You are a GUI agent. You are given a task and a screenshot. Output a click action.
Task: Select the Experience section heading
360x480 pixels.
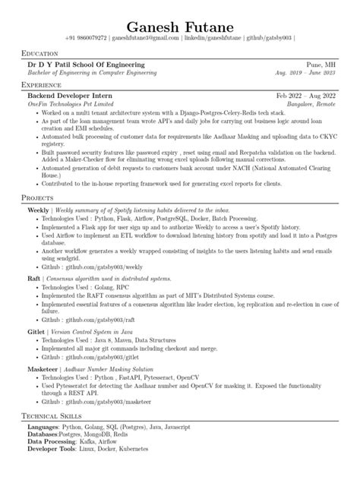click(46, 85)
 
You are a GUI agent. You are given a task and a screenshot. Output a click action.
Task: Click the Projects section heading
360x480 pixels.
click(43, 197)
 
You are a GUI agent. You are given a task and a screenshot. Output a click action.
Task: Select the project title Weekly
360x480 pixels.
click(37, 208)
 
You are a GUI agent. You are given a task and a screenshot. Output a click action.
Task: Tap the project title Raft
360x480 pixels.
click(33, 279)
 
